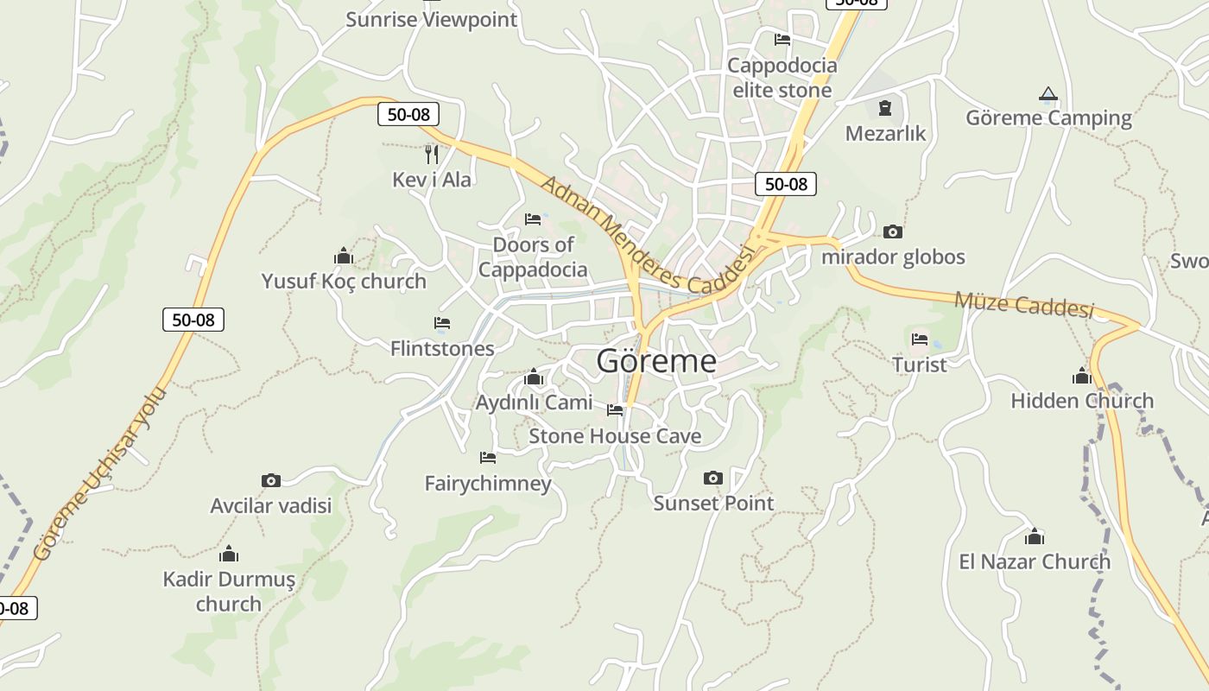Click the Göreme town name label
coord(656,361)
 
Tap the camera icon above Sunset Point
coord(712,478)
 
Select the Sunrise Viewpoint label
coord(431,19)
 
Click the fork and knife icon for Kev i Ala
coord(432,155)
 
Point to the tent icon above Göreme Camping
coord(1048,93)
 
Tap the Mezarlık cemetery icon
coord(884,108)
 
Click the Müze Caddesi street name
coord(1023,304)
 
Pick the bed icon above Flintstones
coord(442,323)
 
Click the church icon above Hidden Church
coord(1081,376)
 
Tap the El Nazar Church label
coord(1034,561)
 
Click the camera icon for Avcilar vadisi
coord(270,480)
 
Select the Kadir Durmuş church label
coord(229,591)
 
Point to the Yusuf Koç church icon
coord(344,256)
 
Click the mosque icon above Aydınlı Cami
coord(533,377)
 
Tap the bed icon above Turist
coord(919,339)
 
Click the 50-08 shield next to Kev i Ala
coord(408,114)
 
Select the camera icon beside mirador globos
coord(893,231)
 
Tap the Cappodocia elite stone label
coord(782,78)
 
